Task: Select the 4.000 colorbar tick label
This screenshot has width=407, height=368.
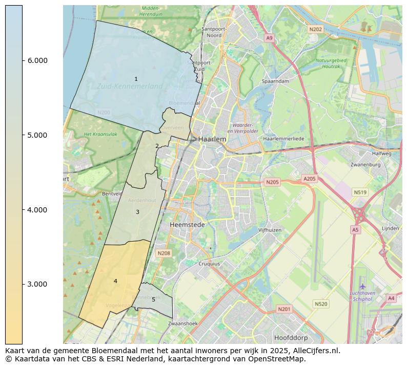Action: tap(37, 210)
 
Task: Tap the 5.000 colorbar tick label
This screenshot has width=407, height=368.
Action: tap(37, 135)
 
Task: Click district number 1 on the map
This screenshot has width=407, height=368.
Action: tap(136, 79)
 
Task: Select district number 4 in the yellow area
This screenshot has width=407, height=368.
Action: tap(115, 281)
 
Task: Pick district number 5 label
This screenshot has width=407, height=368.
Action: tap(153, 299)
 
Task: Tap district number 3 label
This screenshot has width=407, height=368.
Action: tap(137, 212)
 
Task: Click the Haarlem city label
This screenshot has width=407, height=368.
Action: tap(212, 139)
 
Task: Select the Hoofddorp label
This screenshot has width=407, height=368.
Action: tap(290, 338)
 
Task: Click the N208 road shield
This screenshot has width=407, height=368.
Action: tap(164, 253)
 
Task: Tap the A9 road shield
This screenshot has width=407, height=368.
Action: tap(269, 38)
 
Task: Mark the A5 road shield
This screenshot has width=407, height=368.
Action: tap(355, 230)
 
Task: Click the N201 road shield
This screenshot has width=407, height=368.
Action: tap(283, 309)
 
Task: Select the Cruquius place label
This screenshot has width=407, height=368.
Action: tap(209, 264)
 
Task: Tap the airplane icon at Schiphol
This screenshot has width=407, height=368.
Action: tap(363, 286)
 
